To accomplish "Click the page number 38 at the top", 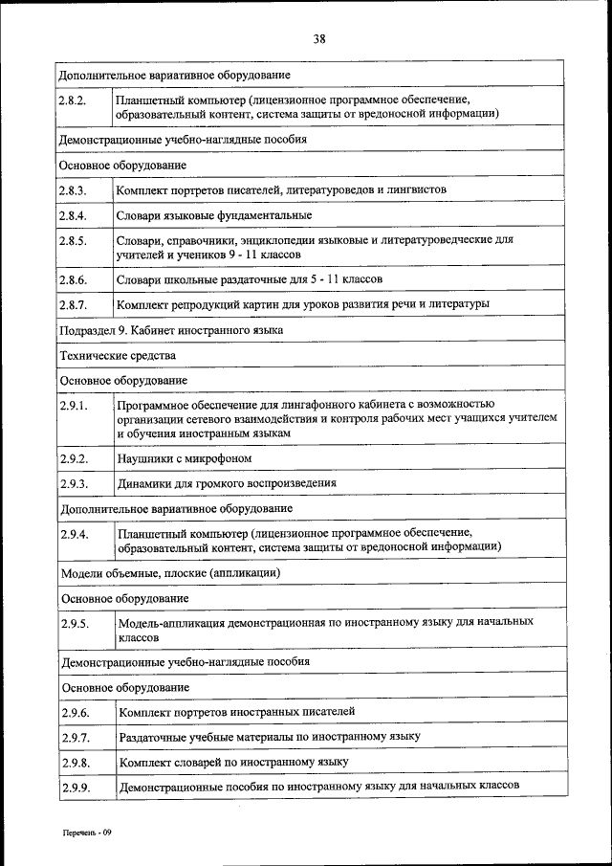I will (x=318, y=39).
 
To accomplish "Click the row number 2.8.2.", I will (x=74, y=99).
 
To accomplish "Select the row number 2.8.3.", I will (x=74, y=190).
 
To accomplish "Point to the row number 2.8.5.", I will (x=74, y=240).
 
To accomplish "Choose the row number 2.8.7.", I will (x=74, y=304).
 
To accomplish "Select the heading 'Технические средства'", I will (x=118, y=355).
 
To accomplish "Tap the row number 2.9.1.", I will (x=74, y=406).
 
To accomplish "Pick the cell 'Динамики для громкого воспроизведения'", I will (x=227, y=483).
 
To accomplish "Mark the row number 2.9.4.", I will (x=74, y=533).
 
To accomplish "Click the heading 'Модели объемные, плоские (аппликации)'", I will (x=169, y=572).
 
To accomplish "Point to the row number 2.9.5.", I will (x=74, y=623).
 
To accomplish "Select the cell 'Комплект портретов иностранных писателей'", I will (x=236, y=712).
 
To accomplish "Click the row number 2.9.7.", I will (x=74, y=738).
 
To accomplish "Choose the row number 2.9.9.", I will (x=74, y=788).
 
